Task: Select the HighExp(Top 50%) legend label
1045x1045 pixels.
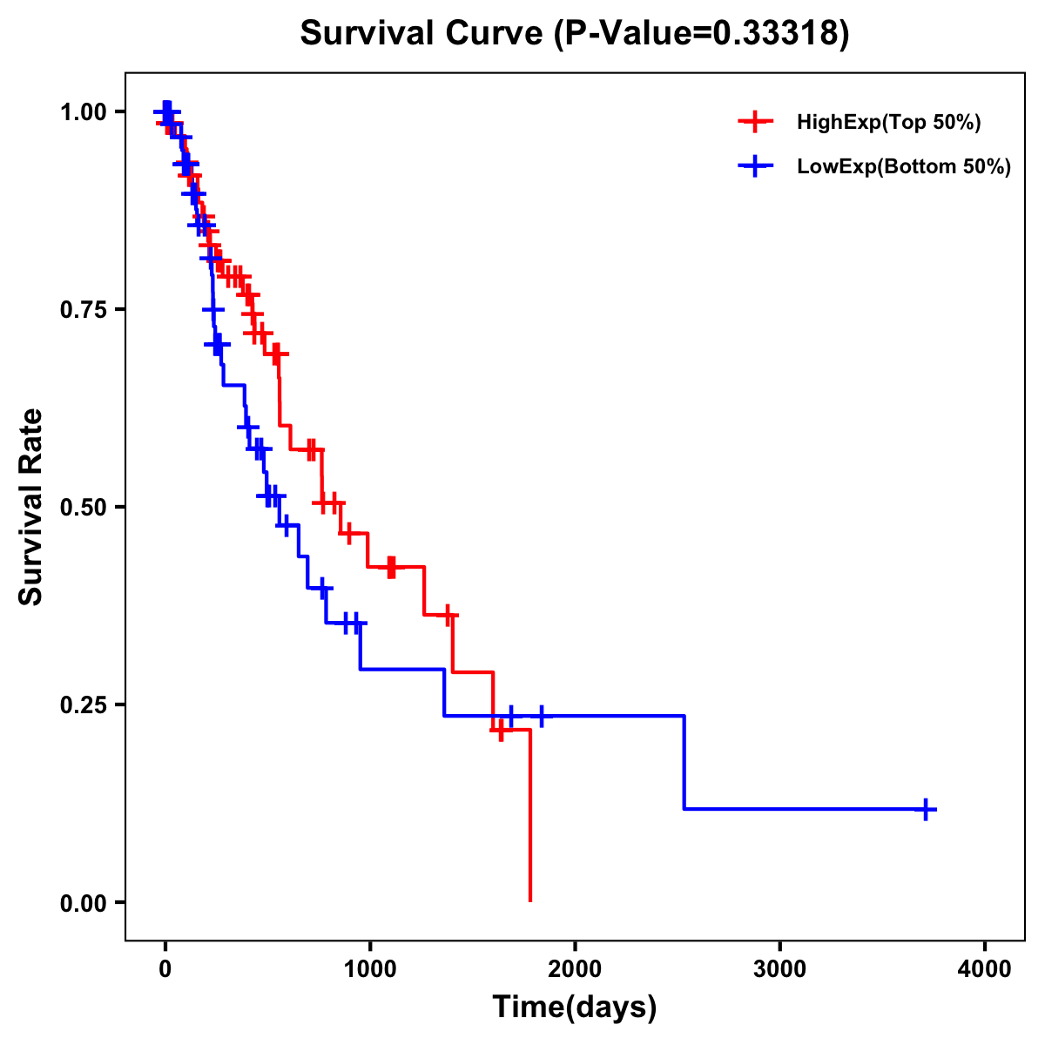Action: [x=888, y=123]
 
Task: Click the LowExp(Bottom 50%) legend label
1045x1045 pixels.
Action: [x=904, y=167]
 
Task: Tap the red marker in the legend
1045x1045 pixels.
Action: [x=755, y=122]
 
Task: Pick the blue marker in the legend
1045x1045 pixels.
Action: [x=755, y=166]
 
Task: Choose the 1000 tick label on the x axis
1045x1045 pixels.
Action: [x=370, y=969]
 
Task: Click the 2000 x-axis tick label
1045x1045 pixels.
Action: [x=575, y=969]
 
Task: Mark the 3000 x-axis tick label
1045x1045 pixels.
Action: [x=779, y=969]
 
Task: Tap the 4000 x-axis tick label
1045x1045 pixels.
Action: [x=985, y=969]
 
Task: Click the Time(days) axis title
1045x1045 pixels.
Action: [x=575, y=1008]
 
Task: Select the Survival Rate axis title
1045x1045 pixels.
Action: [x=31, y=507]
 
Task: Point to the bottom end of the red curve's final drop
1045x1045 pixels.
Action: [x=529, y=900]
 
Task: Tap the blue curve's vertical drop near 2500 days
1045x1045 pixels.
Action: [x=684, y=762]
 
